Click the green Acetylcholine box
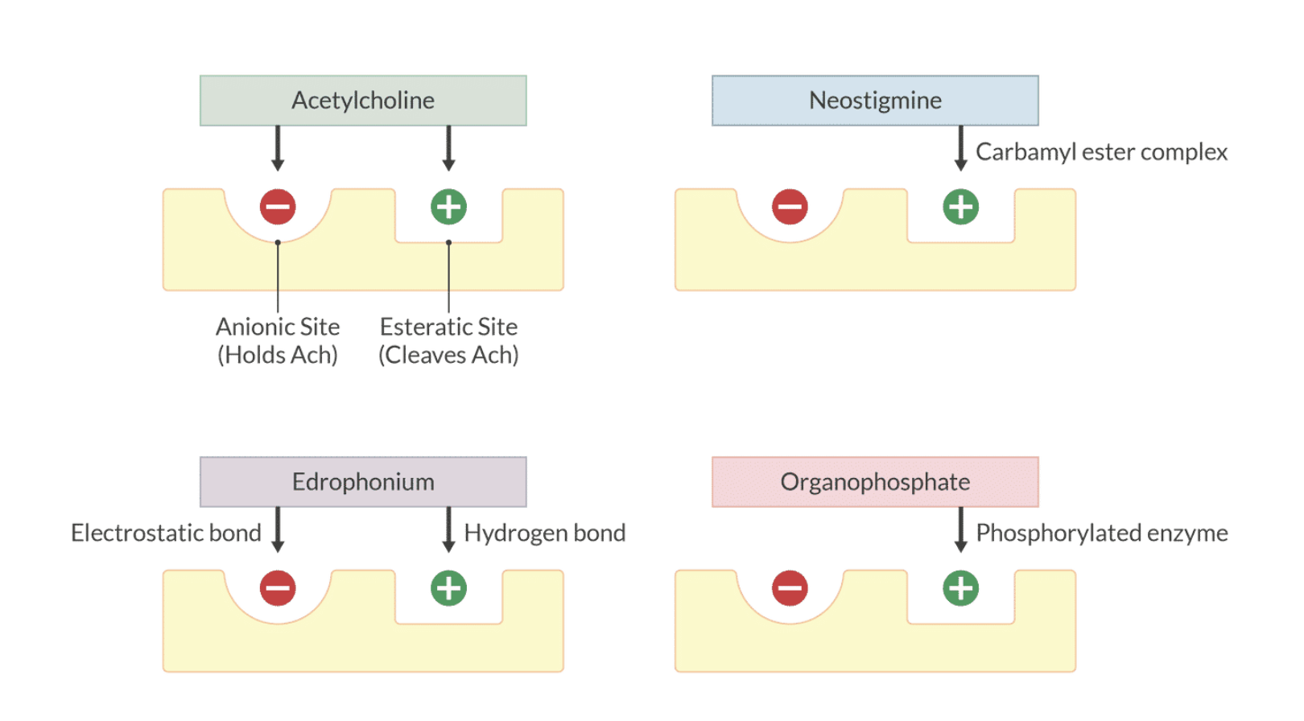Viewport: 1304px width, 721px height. (363, 101)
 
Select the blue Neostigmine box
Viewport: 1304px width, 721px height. (875, 101)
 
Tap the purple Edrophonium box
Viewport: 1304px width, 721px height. (363, 482)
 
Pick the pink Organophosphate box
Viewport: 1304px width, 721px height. (875, 482)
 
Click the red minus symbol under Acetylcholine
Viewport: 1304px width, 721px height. (278, 207)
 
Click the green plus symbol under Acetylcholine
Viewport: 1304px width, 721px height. (448, 207)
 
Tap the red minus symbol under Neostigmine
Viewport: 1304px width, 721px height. (790, 207)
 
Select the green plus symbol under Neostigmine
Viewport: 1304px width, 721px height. (960, 207)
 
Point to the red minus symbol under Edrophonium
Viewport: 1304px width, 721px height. (278, 588)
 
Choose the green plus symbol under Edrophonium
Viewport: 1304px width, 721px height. (448, 588)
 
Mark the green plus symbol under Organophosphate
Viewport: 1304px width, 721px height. (960, 588)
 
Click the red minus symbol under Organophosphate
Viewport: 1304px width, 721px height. (790, 588)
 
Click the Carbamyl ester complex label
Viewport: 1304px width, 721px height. (1101, 152)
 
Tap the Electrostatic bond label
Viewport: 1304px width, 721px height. (166, 533)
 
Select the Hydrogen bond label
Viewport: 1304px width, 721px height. (545, 533)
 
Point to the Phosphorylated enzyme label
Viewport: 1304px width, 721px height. (1101, 533)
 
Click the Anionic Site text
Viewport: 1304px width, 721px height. (278, 327)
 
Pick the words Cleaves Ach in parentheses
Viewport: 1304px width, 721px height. (448, 355)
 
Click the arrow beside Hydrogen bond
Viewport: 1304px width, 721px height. (448, 529)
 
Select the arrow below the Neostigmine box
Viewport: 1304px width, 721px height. (960, 148)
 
